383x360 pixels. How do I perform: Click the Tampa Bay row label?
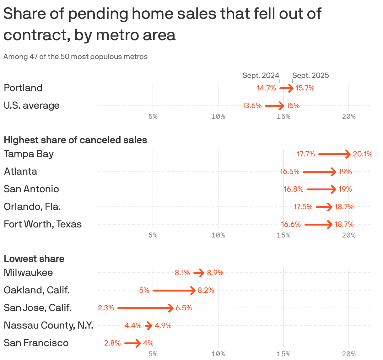tap(29, 154)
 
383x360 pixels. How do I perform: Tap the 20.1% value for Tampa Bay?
tap(363, 154)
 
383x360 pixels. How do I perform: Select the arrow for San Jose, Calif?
tap(145, 308)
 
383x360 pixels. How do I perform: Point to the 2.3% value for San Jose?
tap(106, 308)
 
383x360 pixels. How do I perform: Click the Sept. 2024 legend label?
tap(261, 75)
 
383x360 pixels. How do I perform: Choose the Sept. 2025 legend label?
tap(310, 75)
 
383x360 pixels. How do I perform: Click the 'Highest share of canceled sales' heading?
tap(75, 140)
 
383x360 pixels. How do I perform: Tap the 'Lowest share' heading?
tap(34, 259)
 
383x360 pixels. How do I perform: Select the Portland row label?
tap(23, 88)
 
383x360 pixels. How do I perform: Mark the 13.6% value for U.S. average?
tap(252, 106)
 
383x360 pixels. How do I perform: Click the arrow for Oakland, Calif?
tap(174, 290)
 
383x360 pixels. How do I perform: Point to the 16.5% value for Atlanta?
tap(289, 172)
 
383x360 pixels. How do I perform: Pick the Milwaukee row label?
tap(28, 272)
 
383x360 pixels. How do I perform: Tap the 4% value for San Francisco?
tap(148, 343)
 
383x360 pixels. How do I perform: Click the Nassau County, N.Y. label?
tap(48, 325)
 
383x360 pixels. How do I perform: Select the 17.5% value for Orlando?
tap(303, 207)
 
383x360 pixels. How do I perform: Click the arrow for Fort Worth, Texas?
tap(318, 224)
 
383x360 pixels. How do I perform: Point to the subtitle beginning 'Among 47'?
tap(75, 57)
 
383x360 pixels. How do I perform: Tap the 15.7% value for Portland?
tap(305, 88)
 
